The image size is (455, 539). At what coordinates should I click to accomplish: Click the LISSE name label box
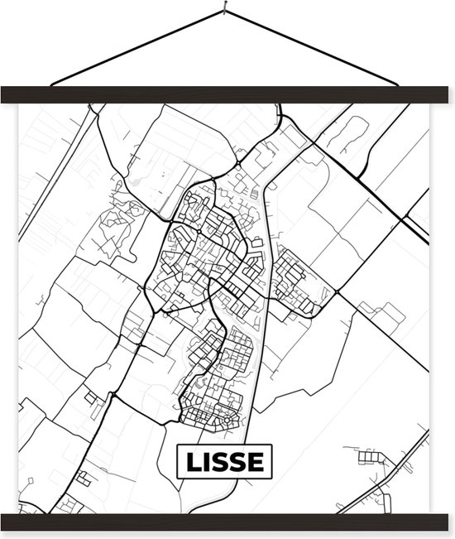(x=224, y=462)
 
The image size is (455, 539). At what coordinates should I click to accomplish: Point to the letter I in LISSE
(x=209, y=462)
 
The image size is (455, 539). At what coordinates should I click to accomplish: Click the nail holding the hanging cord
(x=225, y=11)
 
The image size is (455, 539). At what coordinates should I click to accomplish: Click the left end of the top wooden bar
(x=7, y=95)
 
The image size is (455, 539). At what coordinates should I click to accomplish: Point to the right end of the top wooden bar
(x=448, y=95)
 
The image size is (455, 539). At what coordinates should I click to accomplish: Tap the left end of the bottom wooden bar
(x=7, y=522)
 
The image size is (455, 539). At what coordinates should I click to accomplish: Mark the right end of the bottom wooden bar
(x=448, y=522)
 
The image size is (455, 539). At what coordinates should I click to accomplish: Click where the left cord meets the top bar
(x=51, y=84)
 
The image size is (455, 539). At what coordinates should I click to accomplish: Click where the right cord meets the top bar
(x=399, y=84)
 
